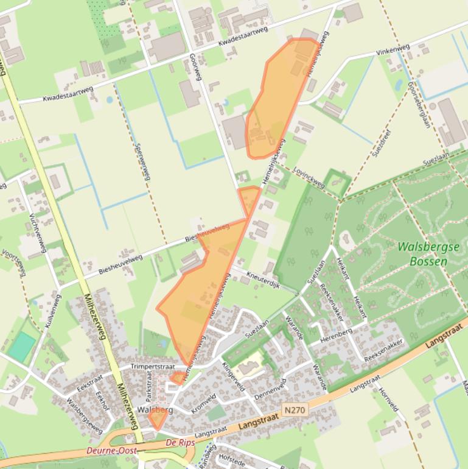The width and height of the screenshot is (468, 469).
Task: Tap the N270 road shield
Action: click(x=294, y=411)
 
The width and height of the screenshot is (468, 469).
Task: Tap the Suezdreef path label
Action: click(x=383, y=143)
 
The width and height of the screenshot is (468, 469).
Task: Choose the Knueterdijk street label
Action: click(x=263, y=280)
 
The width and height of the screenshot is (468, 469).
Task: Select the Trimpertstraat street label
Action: click(x=153, y=367)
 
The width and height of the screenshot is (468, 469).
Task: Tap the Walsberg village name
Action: click(x=155, y=410)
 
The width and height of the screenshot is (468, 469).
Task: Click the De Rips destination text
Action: click(x=180, y=443)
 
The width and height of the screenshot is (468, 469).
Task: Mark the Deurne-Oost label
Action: click(x=111, y=451)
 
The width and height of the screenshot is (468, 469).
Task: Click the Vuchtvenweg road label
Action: click(x=38, y=233)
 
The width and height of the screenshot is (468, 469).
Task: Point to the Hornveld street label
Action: click(x=389, y=400)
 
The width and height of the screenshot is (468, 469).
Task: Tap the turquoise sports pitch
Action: click(x=23, y=346)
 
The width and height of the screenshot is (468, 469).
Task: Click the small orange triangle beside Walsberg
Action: click(x=158, y=420)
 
